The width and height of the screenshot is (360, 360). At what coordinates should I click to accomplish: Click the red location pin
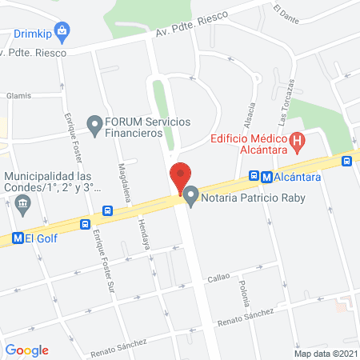pyautogui.click(x=180, y=177)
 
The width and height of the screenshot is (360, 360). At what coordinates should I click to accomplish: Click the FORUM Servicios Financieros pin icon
pyautogui.click(x=94, y=125)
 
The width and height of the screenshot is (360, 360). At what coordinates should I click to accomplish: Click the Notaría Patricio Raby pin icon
pyautogui.click(x=190, y=196)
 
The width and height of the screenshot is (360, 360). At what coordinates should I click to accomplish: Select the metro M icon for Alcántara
pyautogui.click(x=266, y=177)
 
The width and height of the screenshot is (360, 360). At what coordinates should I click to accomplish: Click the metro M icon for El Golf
pyautogui.click(x=18, y=238)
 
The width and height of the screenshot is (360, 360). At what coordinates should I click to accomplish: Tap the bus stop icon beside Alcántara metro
pyautogui.click(x=254, y=176)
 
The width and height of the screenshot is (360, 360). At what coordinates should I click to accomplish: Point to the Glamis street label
pyautogui.click(x=18, y=95)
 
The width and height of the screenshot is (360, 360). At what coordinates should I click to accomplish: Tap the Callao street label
pyautogui.click(x=218, y=278)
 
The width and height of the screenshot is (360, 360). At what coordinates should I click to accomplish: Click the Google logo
pyautogui.click(x=27, y=350)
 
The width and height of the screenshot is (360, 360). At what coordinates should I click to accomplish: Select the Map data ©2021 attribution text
pyautogui.click(x=326, y=353)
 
